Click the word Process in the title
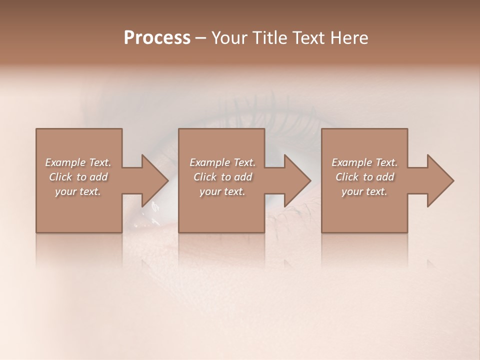(x=157, y=38)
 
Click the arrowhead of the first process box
(x=154, y=180)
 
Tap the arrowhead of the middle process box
(x=297, y=180)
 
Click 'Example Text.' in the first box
(x=78, y=162)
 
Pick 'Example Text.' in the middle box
(x=222, y=162)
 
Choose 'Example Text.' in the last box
(x=364, y=162)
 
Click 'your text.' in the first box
(x=78, y=191)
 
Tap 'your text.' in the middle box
(x=222, y=191)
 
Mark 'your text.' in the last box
(x=364, y=191)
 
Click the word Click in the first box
(x=60, y=177)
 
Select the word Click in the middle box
(x=205, y=177)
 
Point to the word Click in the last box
(x=347, y=177)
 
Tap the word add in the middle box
(x=243, y=177)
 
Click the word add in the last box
(x=385, y=177)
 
